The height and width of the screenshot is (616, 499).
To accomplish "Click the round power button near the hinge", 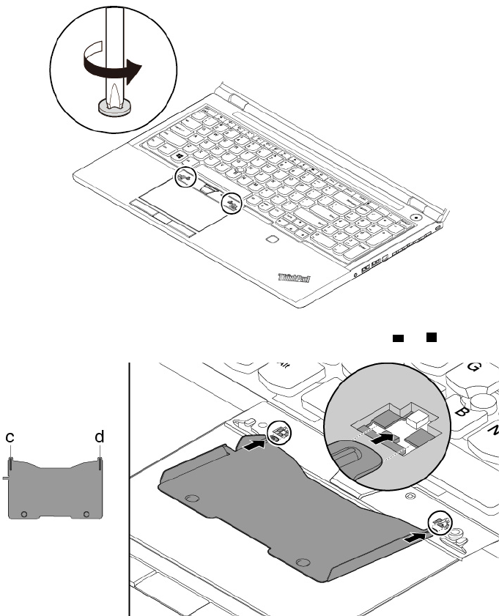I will (416, 217).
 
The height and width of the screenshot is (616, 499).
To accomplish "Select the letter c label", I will (11, 437).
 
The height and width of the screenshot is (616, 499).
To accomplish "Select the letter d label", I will (99, 437).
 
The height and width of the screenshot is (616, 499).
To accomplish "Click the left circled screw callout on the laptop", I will (185, 177).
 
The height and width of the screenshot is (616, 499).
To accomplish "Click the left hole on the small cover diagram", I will (24, 513).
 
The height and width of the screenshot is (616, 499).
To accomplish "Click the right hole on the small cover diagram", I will (87, 513).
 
